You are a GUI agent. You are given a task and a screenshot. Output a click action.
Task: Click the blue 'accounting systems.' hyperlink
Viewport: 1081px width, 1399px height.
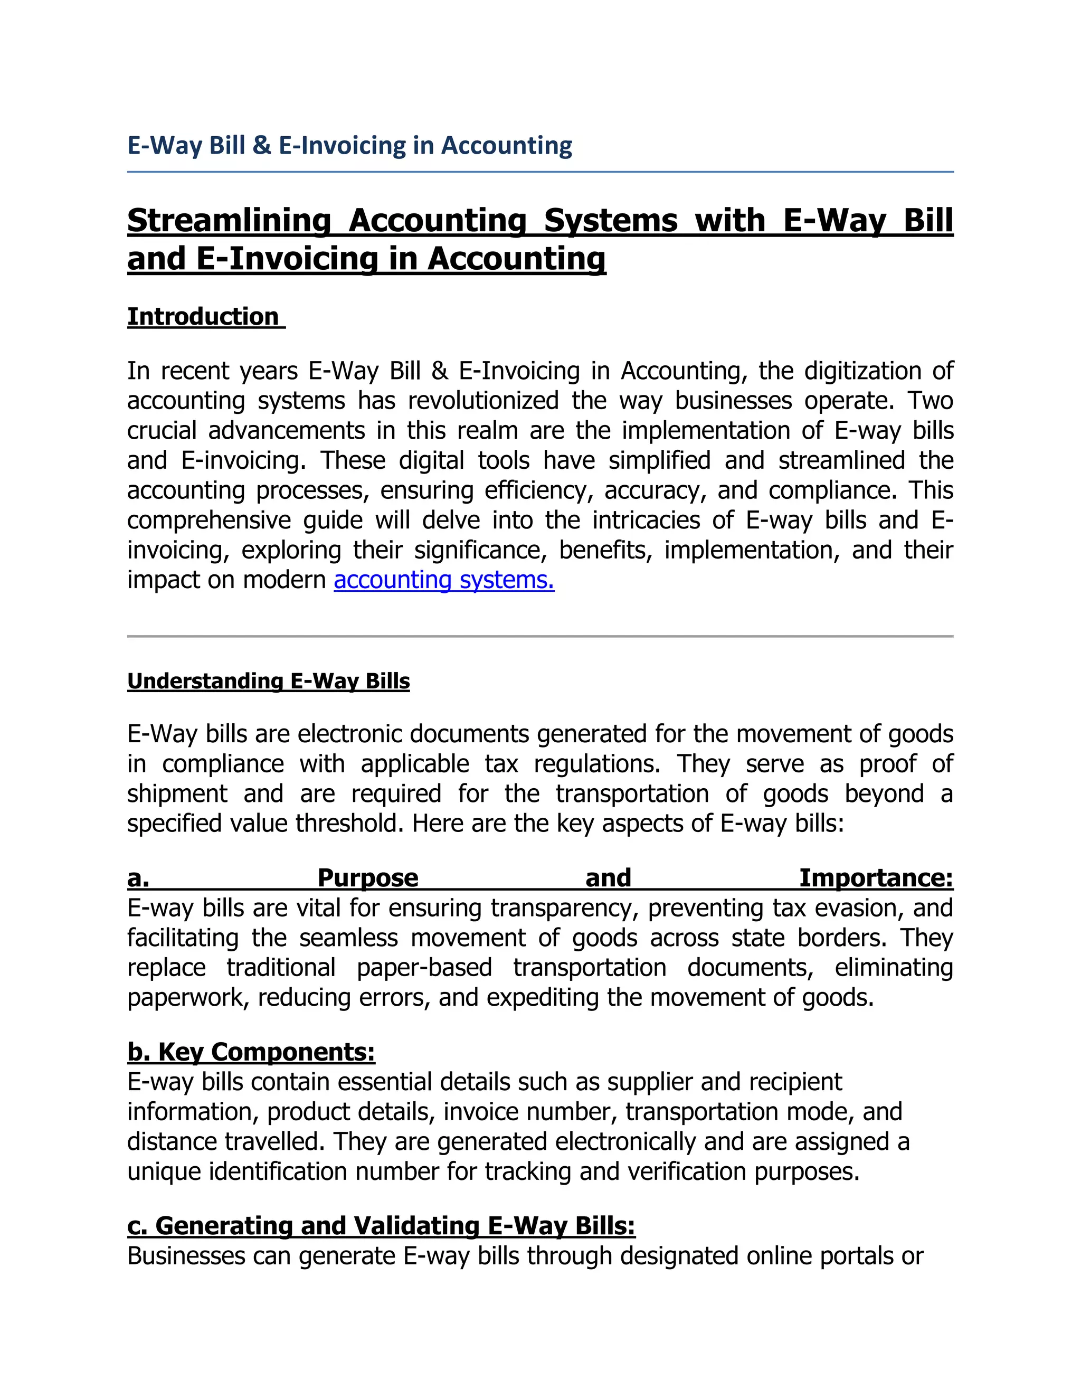click(443, 580)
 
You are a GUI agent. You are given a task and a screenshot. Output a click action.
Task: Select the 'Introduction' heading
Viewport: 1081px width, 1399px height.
click(203, 317)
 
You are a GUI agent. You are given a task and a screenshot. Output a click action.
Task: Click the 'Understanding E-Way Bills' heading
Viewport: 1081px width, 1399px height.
click(268, 681)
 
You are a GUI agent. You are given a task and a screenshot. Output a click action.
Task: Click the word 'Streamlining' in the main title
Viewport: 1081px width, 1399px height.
click(229, 221)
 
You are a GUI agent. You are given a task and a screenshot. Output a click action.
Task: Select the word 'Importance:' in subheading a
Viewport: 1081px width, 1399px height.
click(876, 877)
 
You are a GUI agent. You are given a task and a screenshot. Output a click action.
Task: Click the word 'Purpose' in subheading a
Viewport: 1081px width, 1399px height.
click(367, 877)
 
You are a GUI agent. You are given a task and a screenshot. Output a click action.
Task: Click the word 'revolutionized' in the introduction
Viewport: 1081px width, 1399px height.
click(483, 401)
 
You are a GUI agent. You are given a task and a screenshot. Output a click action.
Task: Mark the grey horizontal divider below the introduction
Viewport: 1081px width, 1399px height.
click(540, 637)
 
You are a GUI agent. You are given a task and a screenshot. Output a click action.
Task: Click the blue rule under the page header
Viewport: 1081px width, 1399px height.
click(540, 172)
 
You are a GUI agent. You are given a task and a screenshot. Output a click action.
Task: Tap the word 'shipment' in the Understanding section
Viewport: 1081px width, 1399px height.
click(177, 793)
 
